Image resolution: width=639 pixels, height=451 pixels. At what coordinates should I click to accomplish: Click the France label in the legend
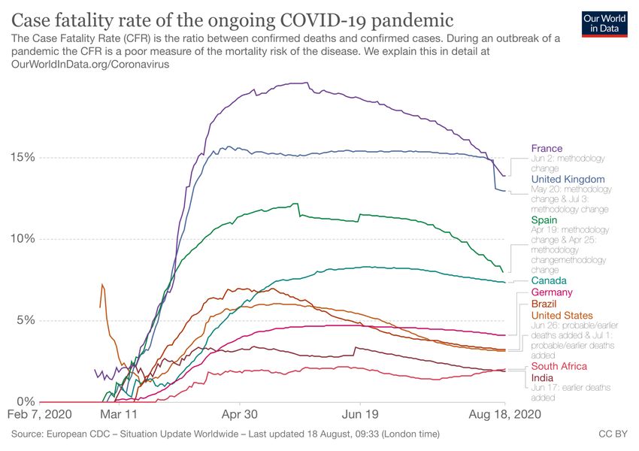[x=547, y=148]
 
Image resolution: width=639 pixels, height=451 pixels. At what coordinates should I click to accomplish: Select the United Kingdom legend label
[x=568, y=180]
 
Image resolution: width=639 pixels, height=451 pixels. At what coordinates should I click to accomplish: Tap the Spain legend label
[x=544, y=220]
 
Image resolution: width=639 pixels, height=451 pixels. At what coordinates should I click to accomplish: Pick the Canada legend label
[x=549, y=280]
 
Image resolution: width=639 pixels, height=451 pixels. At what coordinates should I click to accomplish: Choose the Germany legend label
[x=552, y=292]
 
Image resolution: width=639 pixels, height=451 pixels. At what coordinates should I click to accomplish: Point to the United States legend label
[x=562, y=315]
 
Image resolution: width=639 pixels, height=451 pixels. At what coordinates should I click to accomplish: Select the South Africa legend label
[x=559, y=366]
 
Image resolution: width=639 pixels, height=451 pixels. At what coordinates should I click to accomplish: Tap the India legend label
[x=542, y=377]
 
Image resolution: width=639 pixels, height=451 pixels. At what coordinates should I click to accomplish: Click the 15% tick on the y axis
[x=22, y=157]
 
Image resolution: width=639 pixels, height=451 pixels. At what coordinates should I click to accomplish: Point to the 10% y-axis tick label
[x=22, y=239]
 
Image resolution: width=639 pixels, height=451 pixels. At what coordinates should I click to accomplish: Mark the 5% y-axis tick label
[x=25, y=320]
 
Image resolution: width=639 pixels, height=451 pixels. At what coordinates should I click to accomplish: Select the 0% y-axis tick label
[x=25, y=401]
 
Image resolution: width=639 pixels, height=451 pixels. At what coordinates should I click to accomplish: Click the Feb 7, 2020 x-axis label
[x=39, y=415]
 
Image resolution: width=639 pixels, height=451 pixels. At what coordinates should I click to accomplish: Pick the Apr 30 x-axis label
[x=241, y=415]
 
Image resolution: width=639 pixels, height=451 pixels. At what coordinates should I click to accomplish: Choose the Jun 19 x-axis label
[x=360, y=415]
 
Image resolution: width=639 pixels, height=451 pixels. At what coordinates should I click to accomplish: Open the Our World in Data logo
[x=605, y=23]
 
